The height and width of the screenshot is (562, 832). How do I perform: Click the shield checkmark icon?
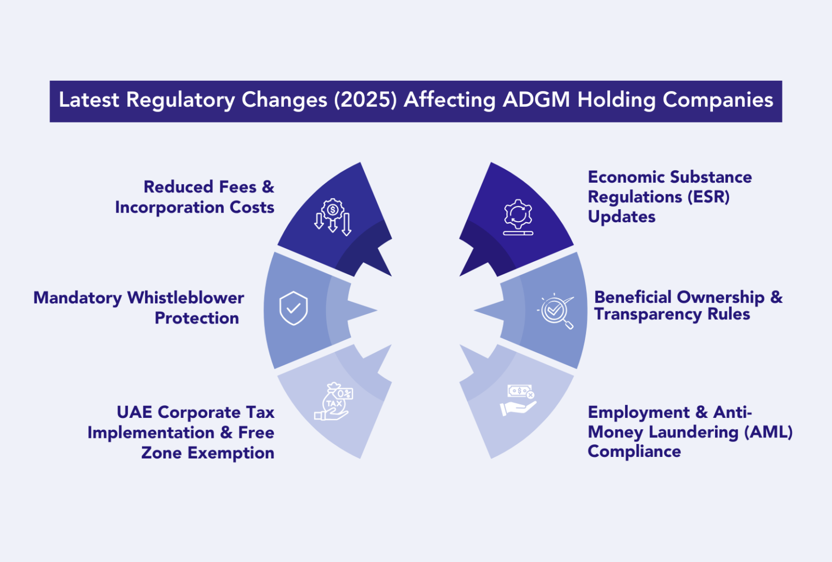pyautogui.click(x=294, y=308)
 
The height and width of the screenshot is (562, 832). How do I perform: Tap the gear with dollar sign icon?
pyautogui.click(x=333, y=217)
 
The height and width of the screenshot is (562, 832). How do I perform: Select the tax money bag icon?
pyautogui.click(x=334, y=402)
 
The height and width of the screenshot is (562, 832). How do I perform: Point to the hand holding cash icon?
pyautogui.click(x=518, y=400)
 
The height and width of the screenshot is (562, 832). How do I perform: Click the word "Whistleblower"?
pyautogui.click(x=186, y=298)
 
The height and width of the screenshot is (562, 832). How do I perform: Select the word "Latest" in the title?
pyautogui.click(x=89, y=100)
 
